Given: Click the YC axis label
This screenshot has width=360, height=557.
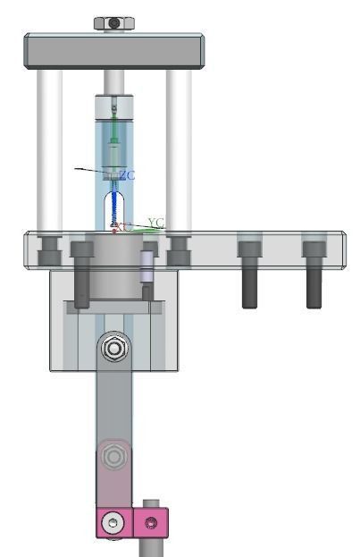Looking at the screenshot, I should tap(155, 222).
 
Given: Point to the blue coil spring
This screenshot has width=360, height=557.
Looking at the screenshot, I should tap(113, 210).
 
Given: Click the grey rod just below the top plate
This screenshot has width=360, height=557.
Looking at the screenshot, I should tap(113, 81).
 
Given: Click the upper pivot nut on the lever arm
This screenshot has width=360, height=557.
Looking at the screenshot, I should tap(113, 348).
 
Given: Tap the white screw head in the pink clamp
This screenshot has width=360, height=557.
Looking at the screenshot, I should tap(112, 523).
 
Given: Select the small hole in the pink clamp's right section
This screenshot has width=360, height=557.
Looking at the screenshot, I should tap(153, 521).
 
